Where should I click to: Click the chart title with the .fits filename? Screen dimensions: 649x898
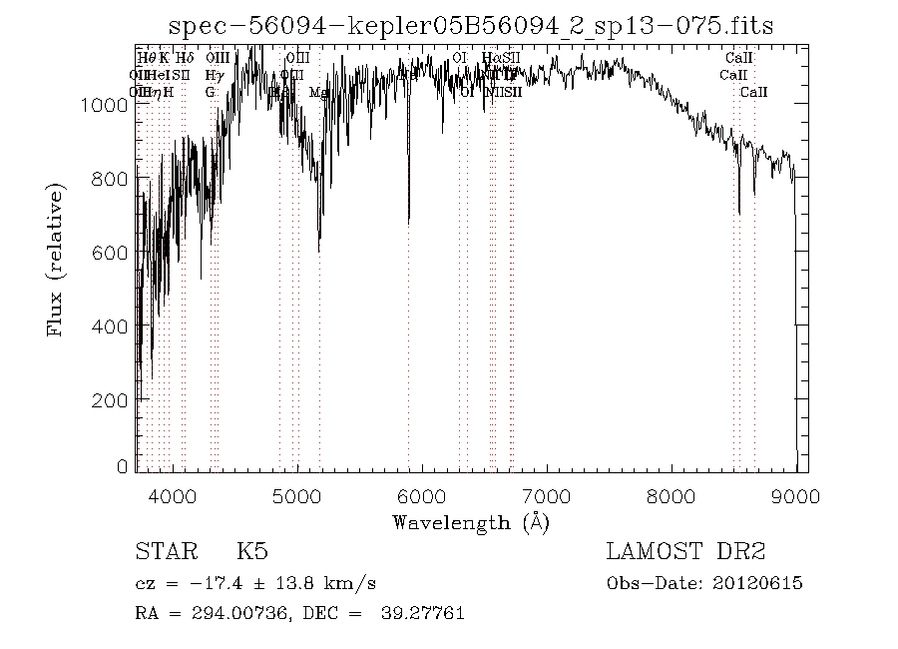pyautogui.click(x=472, y=26)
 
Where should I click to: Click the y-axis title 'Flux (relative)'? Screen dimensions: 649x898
pyautogui.click(x=57, y=259)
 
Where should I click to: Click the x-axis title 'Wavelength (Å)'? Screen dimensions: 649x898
pyautogui.click(x=471, y=521)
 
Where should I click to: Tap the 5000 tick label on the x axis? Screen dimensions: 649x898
pyautogui.click(x=297, y=495)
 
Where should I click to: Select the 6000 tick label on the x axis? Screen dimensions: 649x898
pyautogui.click(x=422, y=495)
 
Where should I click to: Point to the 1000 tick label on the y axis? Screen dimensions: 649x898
pyautogui.click(x=112, y=104)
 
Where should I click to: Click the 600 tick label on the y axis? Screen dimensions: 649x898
pyautogui.click(x=118, y=252)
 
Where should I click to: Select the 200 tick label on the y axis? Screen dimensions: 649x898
pyautogui.click(x=118, y=399)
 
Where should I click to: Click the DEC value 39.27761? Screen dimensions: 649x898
pyautogui.click(x=423, y=612)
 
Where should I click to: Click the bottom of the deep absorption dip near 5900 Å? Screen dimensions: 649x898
pyautogui.click(x=408, y=222)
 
